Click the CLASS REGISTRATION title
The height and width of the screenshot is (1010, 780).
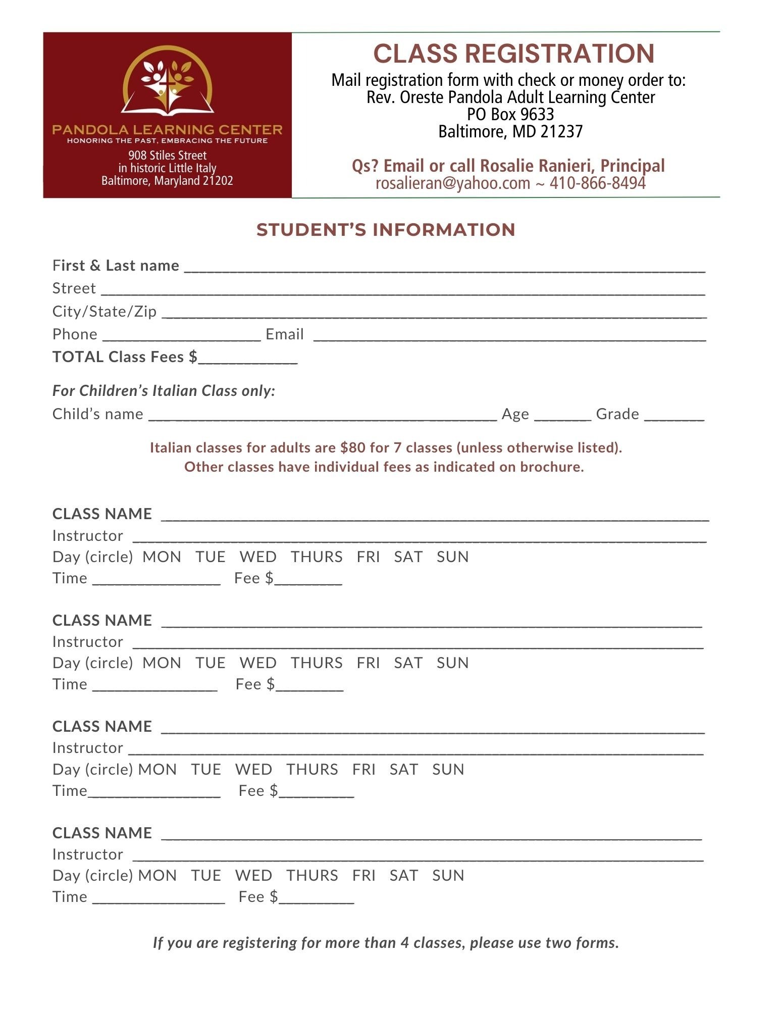[x=513, y=54]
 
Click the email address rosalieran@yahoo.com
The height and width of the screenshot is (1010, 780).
[x=452, y=183]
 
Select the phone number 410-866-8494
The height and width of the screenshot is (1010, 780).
[x=597, y=183]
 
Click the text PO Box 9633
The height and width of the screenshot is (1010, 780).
[x=510, y=114]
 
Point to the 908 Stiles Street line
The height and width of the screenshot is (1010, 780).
[x=167, y=155]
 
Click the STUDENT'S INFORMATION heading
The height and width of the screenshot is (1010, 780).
[x=386, y=230]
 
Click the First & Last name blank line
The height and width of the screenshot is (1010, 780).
[x=444, y=268]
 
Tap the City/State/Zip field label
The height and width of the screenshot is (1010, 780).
[x=105, y=311]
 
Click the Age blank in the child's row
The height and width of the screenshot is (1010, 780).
[x=562, y=416]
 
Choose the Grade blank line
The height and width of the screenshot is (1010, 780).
[x=674, y=416]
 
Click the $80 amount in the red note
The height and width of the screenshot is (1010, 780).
[x=352, y=447]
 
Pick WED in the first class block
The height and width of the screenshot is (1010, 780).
[x=258, y=557]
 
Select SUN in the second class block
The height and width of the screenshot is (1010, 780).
[x=452, y=663]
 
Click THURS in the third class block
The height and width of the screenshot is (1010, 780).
[x=312, y=769]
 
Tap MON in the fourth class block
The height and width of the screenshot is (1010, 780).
[x=158, y=875]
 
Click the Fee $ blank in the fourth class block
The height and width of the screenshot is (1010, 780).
[x=316, y=899]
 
